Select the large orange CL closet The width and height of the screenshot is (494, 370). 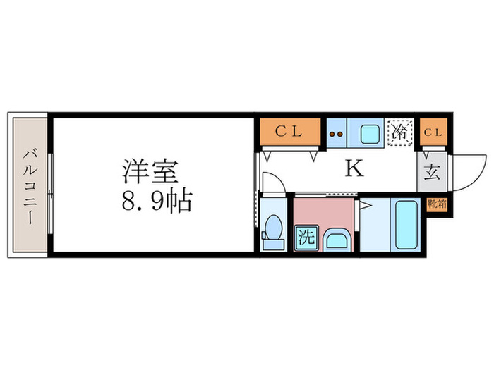pyautogui.click(x=288, y=132)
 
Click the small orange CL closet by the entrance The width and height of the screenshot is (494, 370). pyautogui.click(x=433, y=132)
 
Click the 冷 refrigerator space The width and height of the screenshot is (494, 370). pyautogui.click(x=399, y=132)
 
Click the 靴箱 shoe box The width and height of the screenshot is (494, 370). pyautogui.click(x=436, y=206)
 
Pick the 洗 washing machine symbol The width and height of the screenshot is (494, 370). pyautogui.click(x=307, y=236)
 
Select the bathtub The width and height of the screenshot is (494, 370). pyautogui.click(x=404, y=224)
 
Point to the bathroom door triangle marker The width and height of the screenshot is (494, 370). pyautogui.click(x=366, y=205)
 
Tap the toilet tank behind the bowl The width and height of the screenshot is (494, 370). pyautogui.click(x=273, y=244)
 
